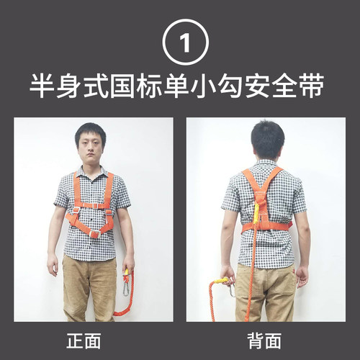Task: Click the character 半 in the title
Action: (x=42, y=86)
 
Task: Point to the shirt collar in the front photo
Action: (x=91, y=171)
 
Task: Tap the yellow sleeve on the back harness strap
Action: (x=256, y=212)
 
